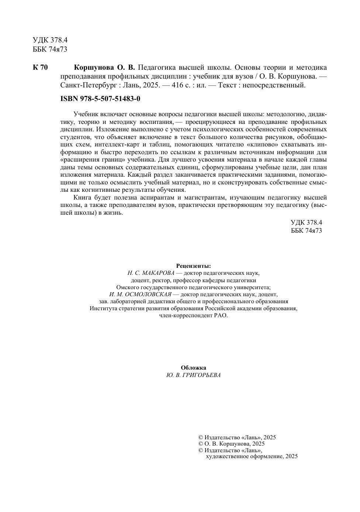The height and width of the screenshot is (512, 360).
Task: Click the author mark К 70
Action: (x=40, y=68)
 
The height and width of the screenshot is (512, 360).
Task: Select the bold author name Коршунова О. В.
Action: (x=105, y=68)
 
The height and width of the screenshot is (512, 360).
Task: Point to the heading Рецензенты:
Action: (x=193, y=266)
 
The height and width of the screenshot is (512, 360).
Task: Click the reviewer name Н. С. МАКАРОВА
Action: (x=151, y=273)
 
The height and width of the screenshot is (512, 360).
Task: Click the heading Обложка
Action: (x=193, y=368)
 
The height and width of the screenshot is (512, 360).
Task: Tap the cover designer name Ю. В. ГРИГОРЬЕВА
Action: (x=193, y=375)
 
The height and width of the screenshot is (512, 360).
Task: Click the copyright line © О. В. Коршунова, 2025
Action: (x=231, y=444)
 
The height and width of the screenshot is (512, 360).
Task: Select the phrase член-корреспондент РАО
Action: (x=193, y=315)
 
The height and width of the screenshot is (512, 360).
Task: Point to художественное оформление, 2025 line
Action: (x=252, y=456)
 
